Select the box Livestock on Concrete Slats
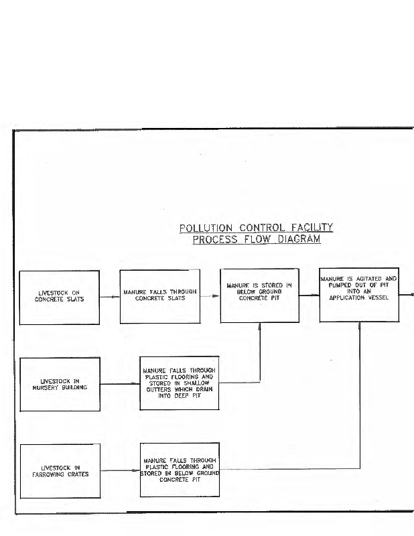point(60,297)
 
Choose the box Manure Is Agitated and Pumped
point(359,293)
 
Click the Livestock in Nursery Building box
point(60,383)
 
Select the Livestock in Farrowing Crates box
point(60,470)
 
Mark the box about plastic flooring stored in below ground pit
point(179,470)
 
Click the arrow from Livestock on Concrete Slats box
point(110,295)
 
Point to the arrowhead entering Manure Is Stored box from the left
point(216,295)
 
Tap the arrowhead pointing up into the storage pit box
point(259,326)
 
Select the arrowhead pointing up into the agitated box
point(360,326)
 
